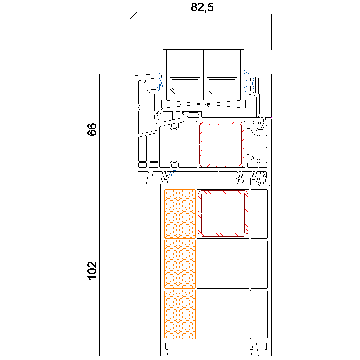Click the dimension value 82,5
tap(202, 7)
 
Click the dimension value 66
tap(92, 129)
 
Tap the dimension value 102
tap(92, 270)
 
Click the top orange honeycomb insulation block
tap(180, 214)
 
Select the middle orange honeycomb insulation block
tap(180, 264)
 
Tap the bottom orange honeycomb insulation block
tap(180, 315)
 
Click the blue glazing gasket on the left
tap(160, 82)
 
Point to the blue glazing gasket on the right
tap(249, 82)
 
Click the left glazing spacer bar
tap(185, 86)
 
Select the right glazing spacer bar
tap(222, 86)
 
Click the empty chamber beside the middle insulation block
tap(223, 264)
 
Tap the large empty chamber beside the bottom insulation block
tap(223, 315)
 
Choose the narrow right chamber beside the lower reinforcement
tap(259, 214)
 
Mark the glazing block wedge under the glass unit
tap(203, 104)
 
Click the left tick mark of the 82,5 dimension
tap(133, 16)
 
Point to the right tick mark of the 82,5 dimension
tap(272, 16)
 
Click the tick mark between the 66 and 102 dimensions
tap(99, 185)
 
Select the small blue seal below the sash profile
tap(172, 173)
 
